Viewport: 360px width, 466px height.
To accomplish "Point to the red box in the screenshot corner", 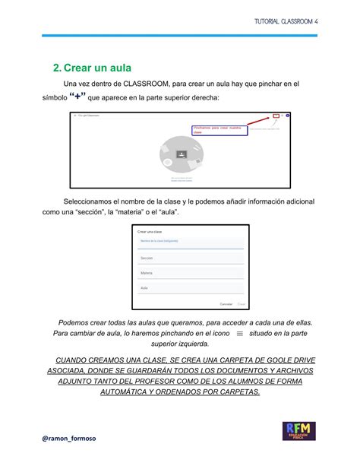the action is [274, 117].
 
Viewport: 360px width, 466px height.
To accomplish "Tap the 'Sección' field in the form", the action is [190, 259].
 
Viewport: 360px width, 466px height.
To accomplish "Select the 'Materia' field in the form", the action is [190, 274].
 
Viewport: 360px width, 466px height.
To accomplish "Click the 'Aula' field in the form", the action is [190, 289].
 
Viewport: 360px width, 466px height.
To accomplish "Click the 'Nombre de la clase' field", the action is [190, 243].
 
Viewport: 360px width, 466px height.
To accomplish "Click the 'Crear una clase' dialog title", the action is [151, 231].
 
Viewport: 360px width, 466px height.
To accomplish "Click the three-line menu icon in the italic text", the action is [240, 334].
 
